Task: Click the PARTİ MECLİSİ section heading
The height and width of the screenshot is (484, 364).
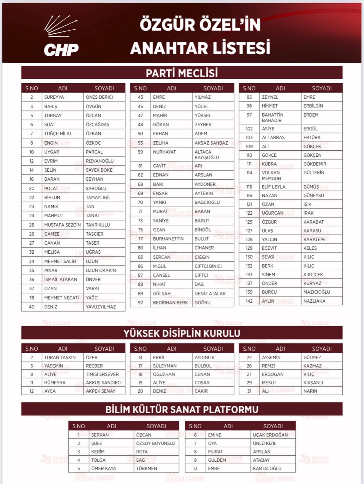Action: point(182,73)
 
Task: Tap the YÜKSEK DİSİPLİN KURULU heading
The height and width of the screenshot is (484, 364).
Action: point(182,333)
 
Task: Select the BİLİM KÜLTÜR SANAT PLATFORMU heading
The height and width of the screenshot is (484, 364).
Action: point(182,410)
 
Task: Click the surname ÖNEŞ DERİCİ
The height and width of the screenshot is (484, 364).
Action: point(99,97)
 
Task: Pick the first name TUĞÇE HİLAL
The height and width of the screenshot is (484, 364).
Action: point(58,133)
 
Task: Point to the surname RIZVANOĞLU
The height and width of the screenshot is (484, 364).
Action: point(99,161)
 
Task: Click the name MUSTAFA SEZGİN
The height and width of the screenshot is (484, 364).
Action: point(62,225)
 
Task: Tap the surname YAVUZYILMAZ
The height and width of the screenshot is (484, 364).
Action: point(101,307)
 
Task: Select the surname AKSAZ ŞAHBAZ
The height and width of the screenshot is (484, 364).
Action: point(211,143)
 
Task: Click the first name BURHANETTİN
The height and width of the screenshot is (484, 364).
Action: point(168,239)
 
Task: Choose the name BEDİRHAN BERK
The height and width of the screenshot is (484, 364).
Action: point(170,303)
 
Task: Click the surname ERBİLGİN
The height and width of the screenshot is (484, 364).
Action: point(313,106)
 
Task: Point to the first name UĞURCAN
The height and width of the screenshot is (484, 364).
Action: point(273,213)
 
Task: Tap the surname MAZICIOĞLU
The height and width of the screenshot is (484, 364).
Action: point(317,292)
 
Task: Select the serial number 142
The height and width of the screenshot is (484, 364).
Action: point(249,301)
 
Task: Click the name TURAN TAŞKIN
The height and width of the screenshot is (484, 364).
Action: point(60,357)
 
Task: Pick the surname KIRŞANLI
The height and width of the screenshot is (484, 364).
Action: point(313,383)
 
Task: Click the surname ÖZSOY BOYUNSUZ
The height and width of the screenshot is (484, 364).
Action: point(156,443)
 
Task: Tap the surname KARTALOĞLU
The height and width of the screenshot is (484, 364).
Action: point(267,469)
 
